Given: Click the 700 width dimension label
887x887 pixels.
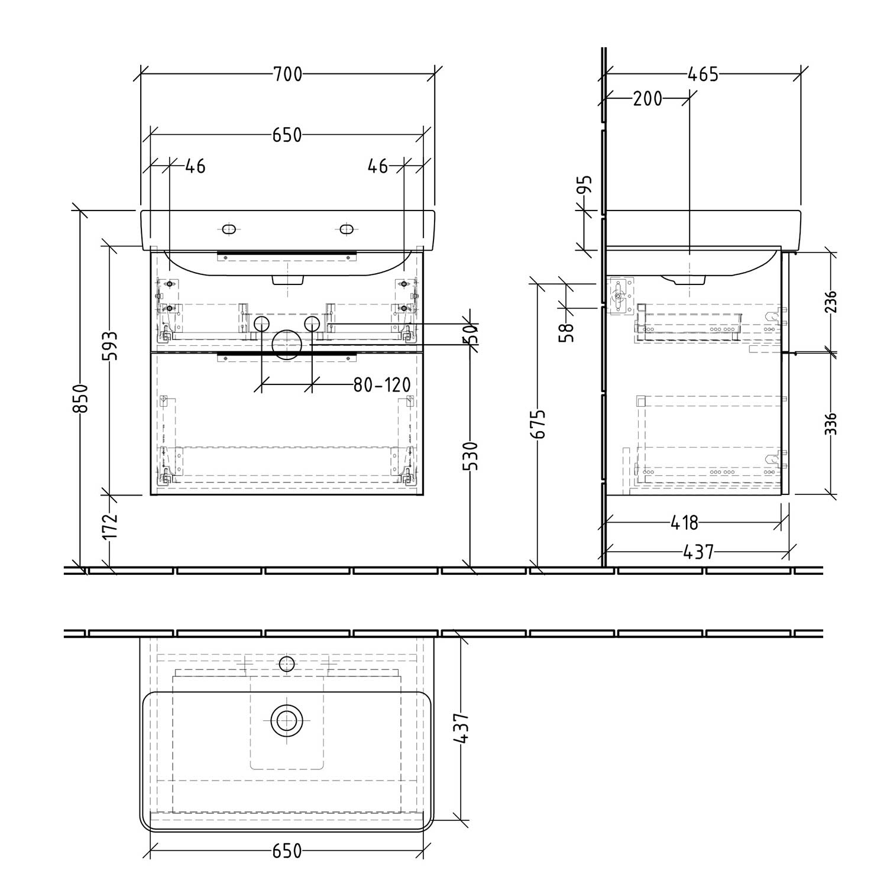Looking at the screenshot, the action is tap(287, 75).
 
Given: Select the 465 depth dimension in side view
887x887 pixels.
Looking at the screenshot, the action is tap(703, 75).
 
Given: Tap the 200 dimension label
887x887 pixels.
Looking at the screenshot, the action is tap(648, 99).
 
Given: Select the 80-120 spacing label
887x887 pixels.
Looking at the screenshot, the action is tap(382, 386).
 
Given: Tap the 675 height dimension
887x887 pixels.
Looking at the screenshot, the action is tap(538, 423).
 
